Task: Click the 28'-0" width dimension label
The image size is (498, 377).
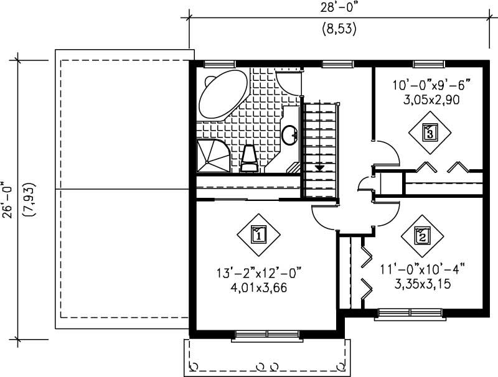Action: click(x=339, y=8)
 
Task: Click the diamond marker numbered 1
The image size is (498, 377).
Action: click(x=258, y=235)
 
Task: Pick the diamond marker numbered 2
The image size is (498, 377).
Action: click(x=422, y=236)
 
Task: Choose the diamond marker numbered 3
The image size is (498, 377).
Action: click(x=430, y=132)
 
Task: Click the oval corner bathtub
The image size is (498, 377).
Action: click(x=222, y=96)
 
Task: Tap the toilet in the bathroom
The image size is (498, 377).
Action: click(x=250, y=157)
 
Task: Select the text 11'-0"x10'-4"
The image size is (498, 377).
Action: click(x=423, y=271)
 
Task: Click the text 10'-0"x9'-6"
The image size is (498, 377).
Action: click(x=430, y=85)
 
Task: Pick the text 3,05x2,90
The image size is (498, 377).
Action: click(x=430, y=99)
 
